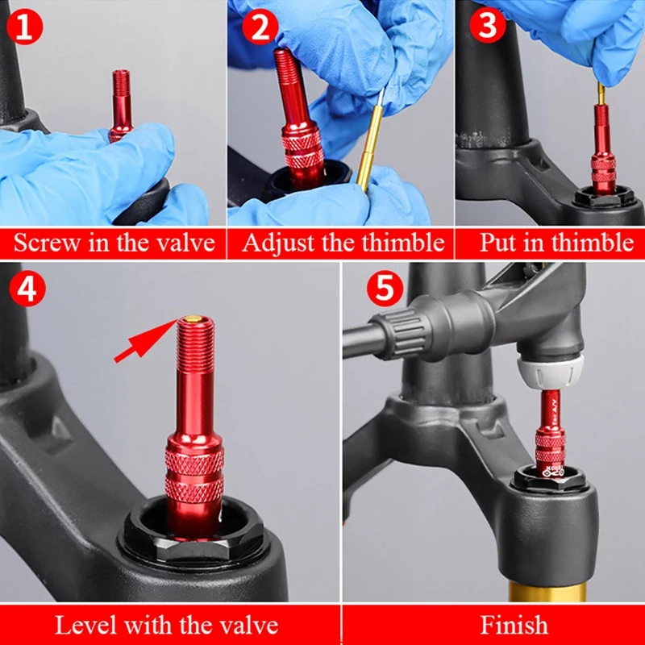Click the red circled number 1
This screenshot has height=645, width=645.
(x=25, y=27)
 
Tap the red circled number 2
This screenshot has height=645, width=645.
(x=260, y=27)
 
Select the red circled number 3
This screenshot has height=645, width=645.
(x=488, y=26)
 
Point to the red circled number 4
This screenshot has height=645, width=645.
(x=27, y=288)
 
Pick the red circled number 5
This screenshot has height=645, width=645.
(x=385, y=288)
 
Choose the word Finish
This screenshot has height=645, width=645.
(x=514, y=626)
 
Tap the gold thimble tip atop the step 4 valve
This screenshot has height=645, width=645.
(x=192, y=318)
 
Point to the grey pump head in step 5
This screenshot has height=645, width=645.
(x=550, y=372)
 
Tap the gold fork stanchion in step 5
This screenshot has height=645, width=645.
(x=547, y=591)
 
